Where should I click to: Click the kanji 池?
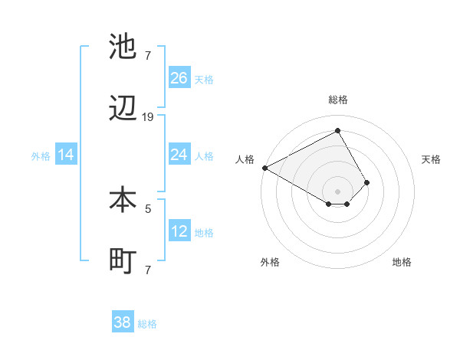123,47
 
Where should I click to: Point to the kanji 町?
123,261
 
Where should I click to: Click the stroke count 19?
148,117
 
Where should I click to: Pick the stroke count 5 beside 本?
148,208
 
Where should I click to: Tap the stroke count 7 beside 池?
148,55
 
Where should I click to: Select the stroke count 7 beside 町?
148,270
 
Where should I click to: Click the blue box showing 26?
179,77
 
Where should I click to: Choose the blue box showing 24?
179,155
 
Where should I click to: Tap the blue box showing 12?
179,231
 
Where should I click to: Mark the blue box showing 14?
66,155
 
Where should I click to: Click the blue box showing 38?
123,322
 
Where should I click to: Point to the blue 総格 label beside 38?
147,324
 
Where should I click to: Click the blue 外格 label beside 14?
41,156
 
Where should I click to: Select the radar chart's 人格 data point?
264,168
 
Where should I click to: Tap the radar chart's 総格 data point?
337,131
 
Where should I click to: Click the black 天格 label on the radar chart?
432,159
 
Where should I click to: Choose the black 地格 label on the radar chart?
402,262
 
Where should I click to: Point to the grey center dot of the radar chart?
337,191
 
